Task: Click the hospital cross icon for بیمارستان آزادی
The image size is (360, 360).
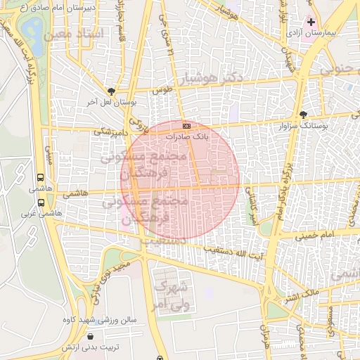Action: click(x=311, y=22)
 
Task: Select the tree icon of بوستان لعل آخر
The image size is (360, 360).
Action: click(x=111, y=91)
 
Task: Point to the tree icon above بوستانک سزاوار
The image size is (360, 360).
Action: click(x=303, y=114)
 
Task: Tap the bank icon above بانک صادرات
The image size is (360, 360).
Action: click(x=186, y=126)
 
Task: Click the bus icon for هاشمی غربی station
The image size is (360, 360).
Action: click(x=40, y=202)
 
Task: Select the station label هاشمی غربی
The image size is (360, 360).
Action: click(x=37, y=213)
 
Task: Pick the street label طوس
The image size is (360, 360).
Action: click(x=164, y=91)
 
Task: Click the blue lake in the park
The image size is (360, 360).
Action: click(x=31, y=29)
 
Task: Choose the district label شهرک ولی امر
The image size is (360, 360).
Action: click(x=172, y=296)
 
